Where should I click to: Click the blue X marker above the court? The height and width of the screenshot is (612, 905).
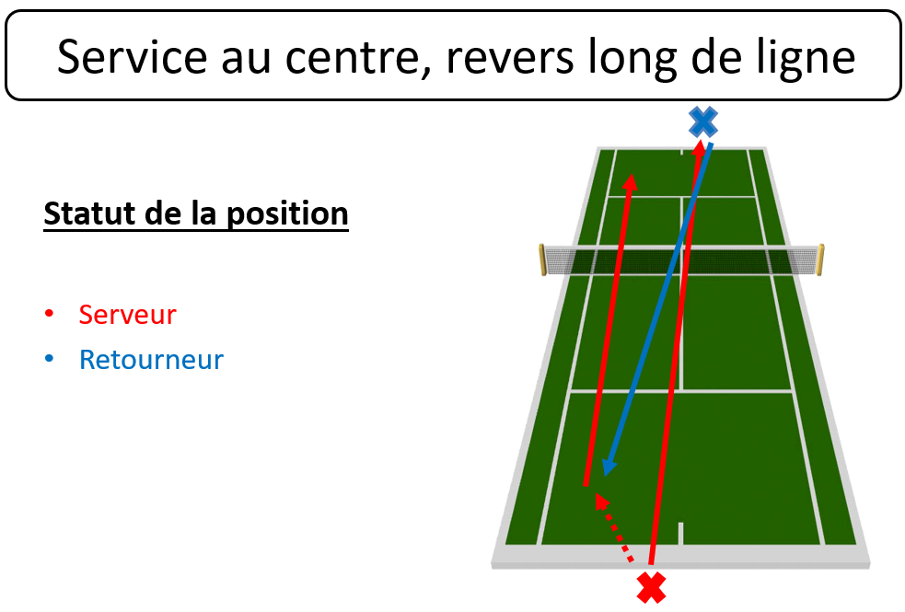click(x=703, y=121)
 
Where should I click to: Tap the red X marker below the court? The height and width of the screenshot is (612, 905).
click(x=652, y=588)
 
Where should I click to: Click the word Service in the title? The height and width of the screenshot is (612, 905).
click(x=133, y=56)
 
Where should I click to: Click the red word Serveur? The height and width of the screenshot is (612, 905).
click(x=128, y=315)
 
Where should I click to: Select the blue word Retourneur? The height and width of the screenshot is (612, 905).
click(x=151, y=360)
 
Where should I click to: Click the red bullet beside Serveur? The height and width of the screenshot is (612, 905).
click(x=49, y=313)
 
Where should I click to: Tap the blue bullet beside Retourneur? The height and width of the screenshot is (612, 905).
click(x=49, y=359)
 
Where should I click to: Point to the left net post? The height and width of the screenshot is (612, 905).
click(x=542, y=260)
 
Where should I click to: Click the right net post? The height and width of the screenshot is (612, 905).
click(x=820, y=260)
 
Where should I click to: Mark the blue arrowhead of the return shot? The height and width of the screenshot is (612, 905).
click(x=608, y=466)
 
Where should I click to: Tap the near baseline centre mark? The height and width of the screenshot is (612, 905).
click(x=681, y=533)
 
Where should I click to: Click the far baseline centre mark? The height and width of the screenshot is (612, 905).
click(x=681, y=152)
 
